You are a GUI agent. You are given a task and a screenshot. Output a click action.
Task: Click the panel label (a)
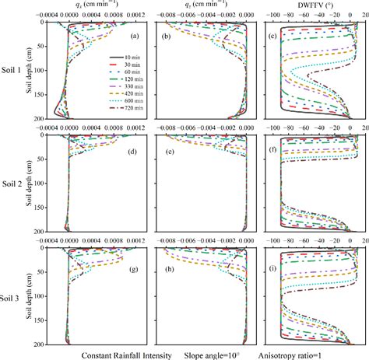(134, 37)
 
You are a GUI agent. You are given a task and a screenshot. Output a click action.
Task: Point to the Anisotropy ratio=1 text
(315, 355)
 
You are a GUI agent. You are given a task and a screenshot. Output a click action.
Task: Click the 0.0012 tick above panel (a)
(135, 15)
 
